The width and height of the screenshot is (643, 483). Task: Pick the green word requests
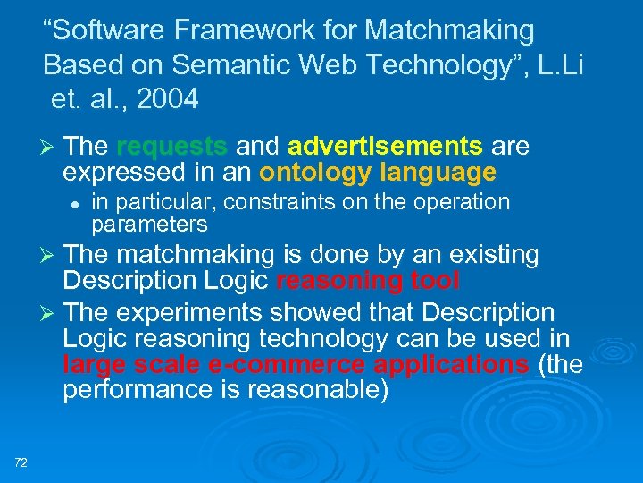point(171,147)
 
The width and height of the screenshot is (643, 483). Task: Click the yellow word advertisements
point(386,147)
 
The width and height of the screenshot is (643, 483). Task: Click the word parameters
point(149,224)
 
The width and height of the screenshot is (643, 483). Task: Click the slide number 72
point(21,462)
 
